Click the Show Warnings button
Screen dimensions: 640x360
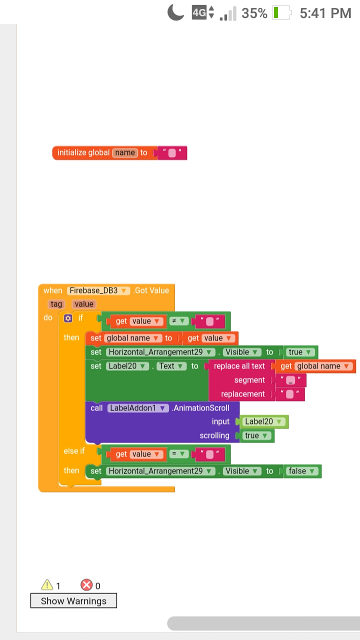[73, 600]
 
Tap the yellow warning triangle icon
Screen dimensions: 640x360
[47, 585]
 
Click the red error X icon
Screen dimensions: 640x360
[86, 585]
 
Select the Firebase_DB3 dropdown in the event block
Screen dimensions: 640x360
[98, 290]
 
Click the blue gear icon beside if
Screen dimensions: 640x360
[68, 318]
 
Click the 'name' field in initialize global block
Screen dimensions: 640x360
[125, 152]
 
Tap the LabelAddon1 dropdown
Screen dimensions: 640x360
[138, 408]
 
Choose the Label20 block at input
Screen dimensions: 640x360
[264, 421]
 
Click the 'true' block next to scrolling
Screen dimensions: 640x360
[256, 435]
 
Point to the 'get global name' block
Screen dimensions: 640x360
[315, 366]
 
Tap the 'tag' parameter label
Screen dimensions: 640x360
[56, 304]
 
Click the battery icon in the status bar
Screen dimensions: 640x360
[281, 13]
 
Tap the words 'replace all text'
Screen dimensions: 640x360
[239, 366]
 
